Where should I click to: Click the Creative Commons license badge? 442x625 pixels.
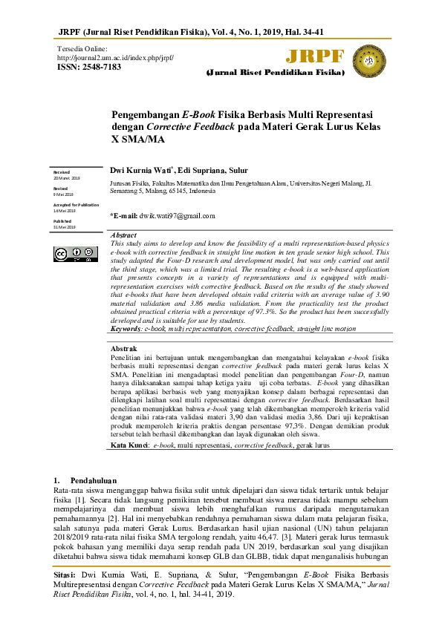pyautogui.click(x=74, y=254)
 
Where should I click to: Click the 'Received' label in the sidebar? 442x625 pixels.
pyautogui.click(x=61, y=172)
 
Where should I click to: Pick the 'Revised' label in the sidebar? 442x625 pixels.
pyautogui.click(x=60, y=189)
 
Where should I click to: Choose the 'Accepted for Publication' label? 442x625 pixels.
pyautogui.click(x=75, y=205)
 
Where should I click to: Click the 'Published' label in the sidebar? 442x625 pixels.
pyautogui.click(x=62, y=221)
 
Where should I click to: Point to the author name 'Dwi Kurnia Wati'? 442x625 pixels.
pyautogui.click(x=141, y=170)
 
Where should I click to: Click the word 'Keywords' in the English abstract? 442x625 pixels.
pyautogui.click(x=126, y=328)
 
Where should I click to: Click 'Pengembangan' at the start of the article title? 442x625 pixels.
pyautogui.click(x=146, y=115)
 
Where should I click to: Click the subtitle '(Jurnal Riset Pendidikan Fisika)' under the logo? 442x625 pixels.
pyautogui.click(x=275, y=74)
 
